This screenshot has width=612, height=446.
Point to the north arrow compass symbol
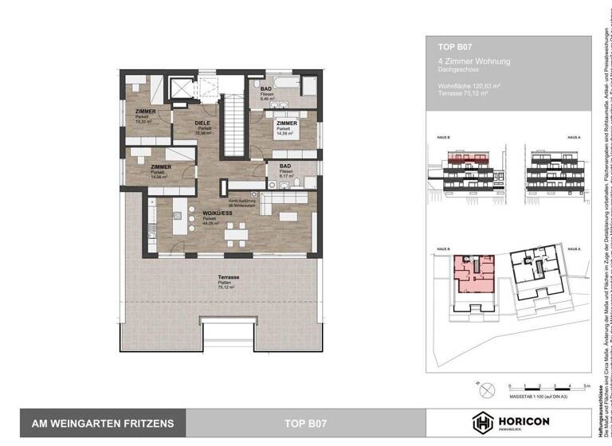coord(485,387)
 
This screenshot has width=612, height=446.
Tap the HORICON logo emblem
coord(484,424)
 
